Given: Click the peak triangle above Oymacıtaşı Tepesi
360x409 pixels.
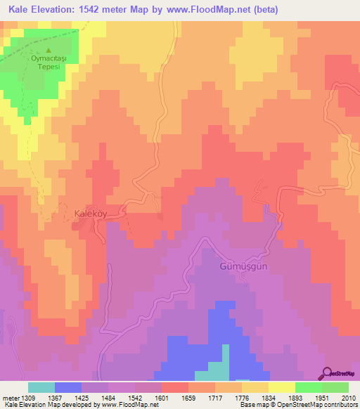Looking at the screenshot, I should [x=49, y=51].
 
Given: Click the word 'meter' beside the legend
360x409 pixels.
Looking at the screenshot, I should [x=10, y=397].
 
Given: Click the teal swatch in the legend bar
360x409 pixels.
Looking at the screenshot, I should [x=41, y=387].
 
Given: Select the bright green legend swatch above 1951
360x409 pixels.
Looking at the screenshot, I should [x=309, y=387].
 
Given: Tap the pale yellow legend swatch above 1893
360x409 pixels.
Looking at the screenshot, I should [x=282, y=387].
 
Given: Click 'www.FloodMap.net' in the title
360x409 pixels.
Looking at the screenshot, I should [x=211, y=10].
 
